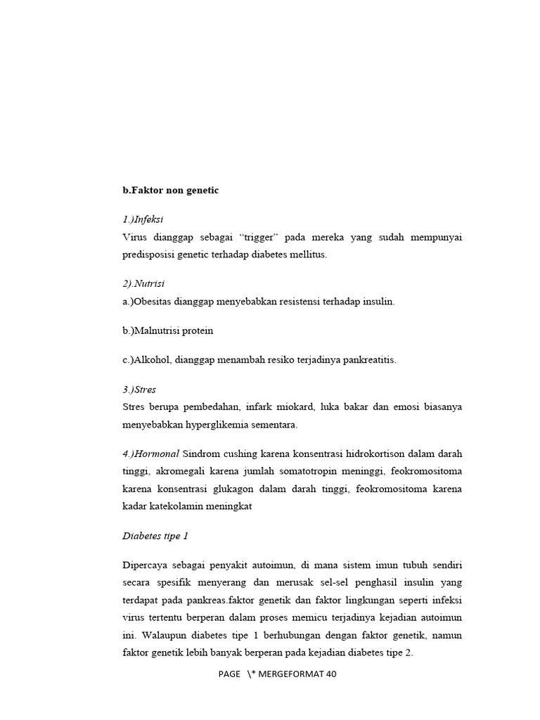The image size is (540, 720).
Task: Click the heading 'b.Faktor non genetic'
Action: tap(171, 191)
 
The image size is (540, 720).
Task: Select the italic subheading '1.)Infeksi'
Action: tap(143, 219)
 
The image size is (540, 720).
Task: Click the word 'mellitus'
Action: tap(304, 255)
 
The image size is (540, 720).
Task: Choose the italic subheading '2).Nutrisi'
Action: tap(143, 283)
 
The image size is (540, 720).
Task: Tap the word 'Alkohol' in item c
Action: tap(154, 360)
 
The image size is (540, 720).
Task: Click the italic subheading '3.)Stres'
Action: tap(139, 389)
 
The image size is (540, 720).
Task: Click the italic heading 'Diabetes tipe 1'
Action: tap(155, 536)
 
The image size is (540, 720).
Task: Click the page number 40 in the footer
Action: tap(331, 674)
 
